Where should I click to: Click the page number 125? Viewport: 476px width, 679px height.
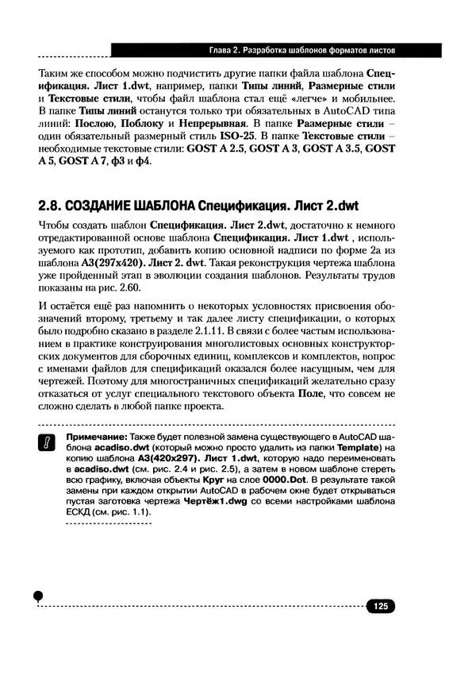click(380, 606)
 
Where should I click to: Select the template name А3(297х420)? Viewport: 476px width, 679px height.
click(107, 262)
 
